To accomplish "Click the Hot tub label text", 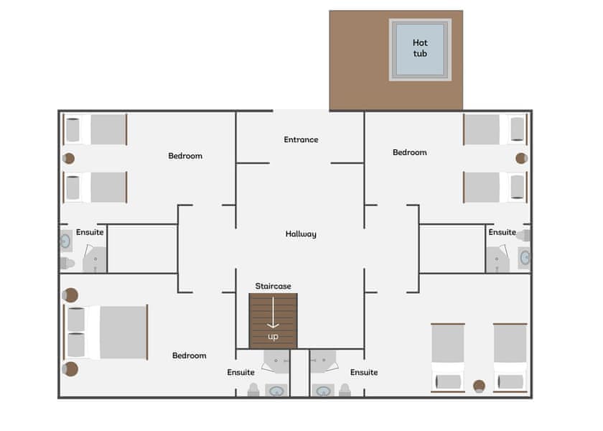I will tap(420, 47).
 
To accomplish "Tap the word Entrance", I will tap(301, 139).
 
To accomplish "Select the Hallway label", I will tap(301, 233).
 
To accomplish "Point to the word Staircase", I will tap(274, 286).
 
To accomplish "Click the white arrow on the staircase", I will tap(273, 314).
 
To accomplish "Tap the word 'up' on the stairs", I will tap(273, 336).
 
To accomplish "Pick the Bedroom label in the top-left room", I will tap(185, 156).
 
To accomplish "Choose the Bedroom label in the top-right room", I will tap(410, 152).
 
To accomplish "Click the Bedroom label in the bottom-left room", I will tap(190, 356).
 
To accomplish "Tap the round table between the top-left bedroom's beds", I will tap(69, 158).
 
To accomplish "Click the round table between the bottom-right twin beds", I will tap(479, 386).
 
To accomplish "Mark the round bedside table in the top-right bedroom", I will tap(522, 158).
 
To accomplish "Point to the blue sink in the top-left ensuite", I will tap(65, 241).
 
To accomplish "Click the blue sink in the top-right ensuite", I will tap(525, 256).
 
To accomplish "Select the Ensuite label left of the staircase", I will tap(241, 372).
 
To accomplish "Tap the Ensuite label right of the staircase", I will tap(364, 372).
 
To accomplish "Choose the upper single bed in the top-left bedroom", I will tap(95, 129).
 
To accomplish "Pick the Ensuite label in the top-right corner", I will tap(502, 232).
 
